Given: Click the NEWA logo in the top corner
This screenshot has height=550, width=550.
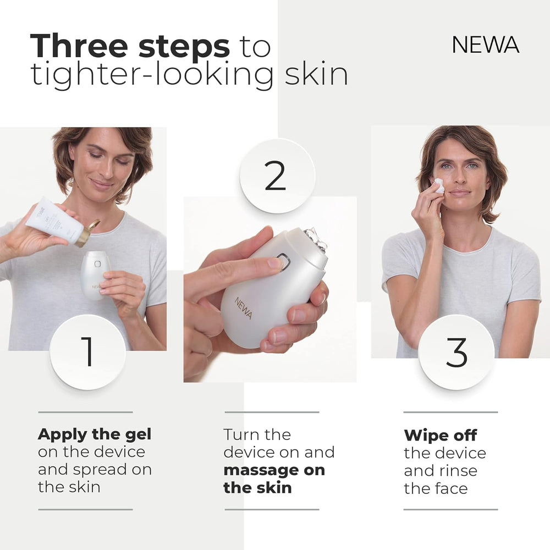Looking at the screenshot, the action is click(486, 45).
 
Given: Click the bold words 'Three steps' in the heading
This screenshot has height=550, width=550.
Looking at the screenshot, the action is click(130, 46).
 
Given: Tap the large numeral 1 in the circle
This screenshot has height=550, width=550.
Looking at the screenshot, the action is click(87, 352).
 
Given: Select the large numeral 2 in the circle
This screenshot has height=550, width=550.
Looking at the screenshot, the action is click(276, 175).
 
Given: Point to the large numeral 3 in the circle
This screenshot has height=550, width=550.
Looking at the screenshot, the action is click(457, 352).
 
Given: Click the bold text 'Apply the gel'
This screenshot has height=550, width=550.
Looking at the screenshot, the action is click(95, 435).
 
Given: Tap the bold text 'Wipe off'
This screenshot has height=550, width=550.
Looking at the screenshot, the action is click(440, 436).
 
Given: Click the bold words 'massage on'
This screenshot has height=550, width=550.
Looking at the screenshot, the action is click(274, 470).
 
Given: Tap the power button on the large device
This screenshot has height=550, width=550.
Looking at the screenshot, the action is click(283, 261).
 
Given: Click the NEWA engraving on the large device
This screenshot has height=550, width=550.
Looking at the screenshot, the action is click(243, 307).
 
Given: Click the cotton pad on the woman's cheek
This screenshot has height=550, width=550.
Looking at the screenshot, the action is click(438, 186).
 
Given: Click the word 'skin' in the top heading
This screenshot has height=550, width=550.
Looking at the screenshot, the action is click(316, 74).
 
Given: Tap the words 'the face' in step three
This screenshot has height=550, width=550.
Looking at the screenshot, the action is click(436, 488).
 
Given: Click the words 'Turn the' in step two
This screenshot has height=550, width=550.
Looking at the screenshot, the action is click(257, 435).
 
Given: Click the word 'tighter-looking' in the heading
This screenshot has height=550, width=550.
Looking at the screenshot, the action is click(152, 75).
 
